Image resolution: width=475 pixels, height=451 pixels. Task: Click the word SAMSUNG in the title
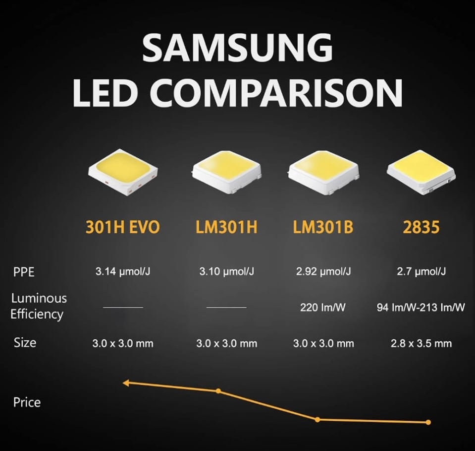coord(237,48)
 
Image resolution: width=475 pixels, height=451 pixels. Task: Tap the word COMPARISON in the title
coord(281,93)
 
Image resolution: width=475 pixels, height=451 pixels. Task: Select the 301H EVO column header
coord(123,228)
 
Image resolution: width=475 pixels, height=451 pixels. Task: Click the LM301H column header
coord(226,228)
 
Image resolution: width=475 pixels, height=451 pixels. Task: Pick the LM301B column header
coord(322,228)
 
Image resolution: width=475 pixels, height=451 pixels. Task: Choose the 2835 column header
coord(422,228)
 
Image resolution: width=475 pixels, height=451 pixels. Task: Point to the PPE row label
coord(24,272)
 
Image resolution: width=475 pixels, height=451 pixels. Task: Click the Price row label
coord(27,402)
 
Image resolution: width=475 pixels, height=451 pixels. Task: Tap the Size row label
coord(25,342)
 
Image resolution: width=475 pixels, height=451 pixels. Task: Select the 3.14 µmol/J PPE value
coord(123,272)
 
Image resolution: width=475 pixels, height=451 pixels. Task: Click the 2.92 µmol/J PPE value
coord(322,272)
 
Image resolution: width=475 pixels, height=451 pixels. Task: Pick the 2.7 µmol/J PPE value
coord(422,272)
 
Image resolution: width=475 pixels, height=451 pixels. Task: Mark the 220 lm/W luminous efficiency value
coord(322,308)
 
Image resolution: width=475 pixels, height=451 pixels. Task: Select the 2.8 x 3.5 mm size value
coord(422,343)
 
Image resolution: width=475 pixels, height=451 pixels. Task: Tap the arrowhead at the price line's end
coord(126,383)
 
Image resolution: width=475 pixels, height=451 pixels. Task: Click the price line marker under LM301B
coord(317,419)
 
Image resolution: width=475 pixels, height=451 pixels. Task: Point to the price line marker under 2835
coord(428,422)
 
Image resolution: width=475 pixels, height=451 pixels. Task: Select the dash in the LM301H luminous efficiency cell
coord(226,308)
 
